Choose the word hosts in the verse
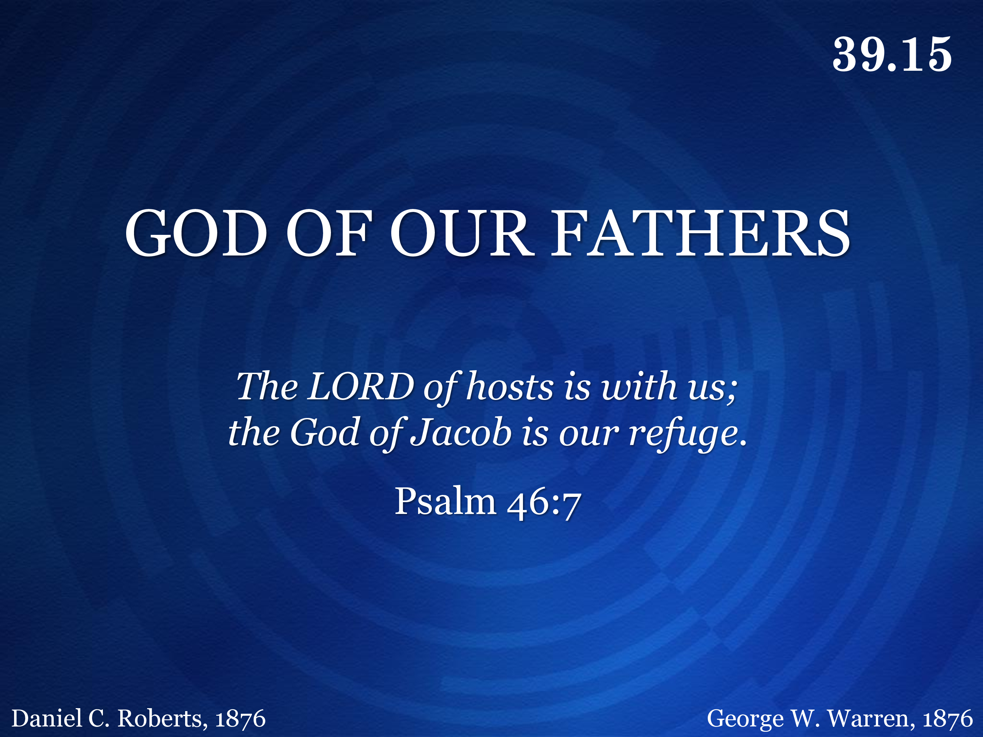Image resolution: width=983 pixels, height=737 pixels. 510,386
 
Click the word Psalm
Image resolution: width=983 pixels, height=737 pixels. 445,501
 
